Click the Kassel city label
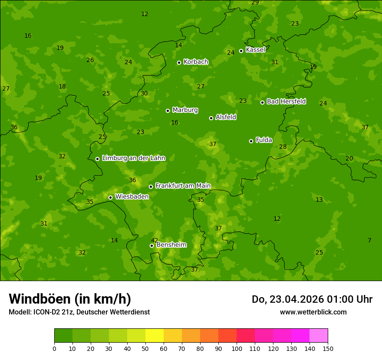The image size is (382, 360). (255, 50)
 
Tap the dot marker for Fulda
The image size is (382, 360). (251, 141)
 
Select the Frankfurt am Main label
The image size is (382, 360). (183, 186)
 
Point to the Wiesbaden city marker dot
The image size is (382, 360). (110, 197)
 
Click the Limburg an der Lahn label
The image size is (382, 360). (133, 158)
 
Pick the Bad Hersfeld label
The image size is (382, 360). (286, 101)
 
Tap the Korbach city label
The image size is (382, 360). (196, 62)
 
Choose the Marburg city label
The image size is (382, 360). (185, 110)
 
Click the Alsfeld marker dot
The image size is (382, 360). (211, 118)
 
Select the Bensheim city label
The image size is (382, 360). (171, 245)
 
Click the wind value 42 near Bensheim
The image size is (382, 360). (155, 240)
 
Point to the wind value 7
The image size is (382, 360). (369, 240)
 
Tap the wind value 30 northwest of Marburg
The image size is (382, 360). (144, 93)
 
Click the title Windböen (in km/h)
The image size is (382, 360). (70, 299)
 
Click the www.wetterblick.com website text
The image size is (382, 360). (313, 312)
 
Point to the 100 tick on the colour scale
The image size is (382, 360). (237, 348)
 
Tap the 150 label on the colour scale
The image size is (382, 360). (328, 348)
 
